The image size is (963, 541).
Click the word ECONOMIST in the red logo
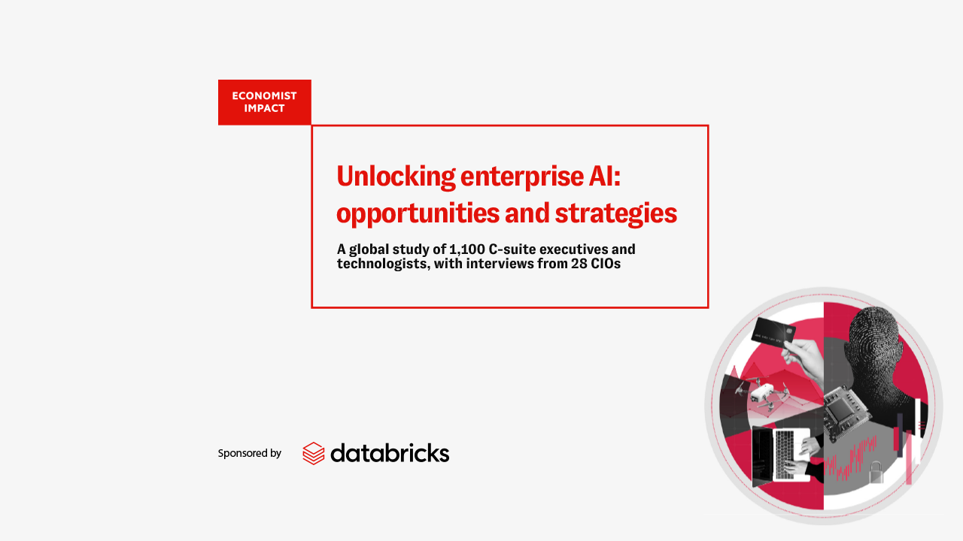(x=264, y=95)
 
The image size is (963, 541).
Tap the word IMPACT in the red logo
(x=264, y=108)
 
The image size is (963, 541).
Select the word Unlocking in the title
(x=396, y=177)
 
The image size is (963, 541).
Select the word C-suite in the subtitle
(x=512, y=249)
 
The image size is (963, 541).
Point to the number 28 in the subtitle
(x=579, y=263)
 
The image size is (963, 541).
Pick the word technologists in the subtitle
(x=384, y=264)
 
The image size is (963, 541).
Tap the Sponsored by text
(x=249, y=453)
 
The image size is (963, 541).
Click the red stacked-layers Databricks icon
(x=314, y=453)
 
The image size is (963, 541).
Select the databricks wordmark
(x=390, y=453)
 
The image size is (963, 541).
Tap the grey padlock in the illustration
(x=876, y=473)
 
